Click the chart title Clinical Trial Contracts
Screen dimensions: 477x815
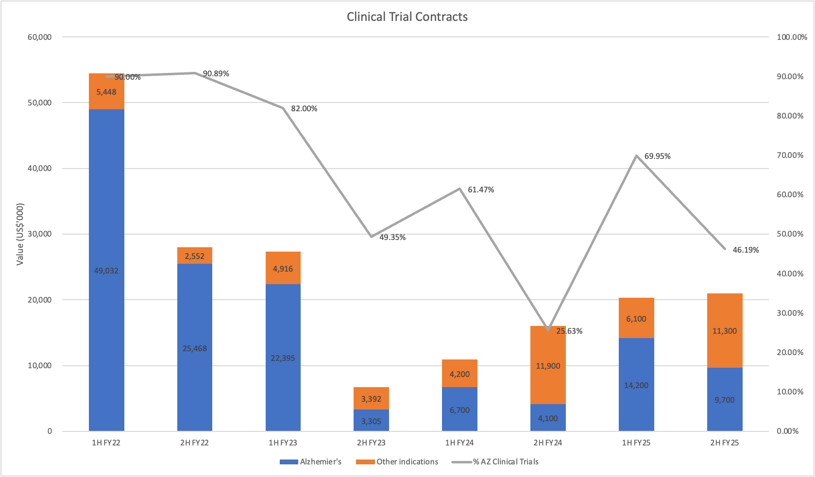click(x=407, y=17)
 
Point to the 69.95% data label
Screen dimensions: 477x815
click(x=657, y=156)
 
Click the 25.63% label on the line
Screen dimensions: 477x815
click(x=569, y=331)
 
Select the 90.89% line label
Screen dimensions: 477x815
click(x=216, y=74)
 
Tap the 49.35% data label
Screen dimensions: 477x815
click(x=392, y=238)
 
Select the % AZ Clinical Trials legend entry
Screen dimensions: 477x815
click(x=506, y=462)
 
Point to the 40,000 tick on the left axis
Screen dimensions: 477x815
click(x=40, y=169)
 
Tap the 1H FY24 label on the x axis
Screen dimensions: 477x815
click(x=459, y=443)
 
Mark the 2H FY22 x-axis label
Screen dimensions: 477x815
click(x=194, y=443)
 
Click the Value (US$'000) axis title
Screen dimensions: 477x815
click(x=20, y=234)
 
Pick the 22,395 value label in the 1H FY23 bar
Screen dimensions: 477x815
click(x=283, y=358)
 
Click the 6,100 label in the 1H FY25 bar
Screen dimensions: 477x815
click(x=636, y=319)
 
